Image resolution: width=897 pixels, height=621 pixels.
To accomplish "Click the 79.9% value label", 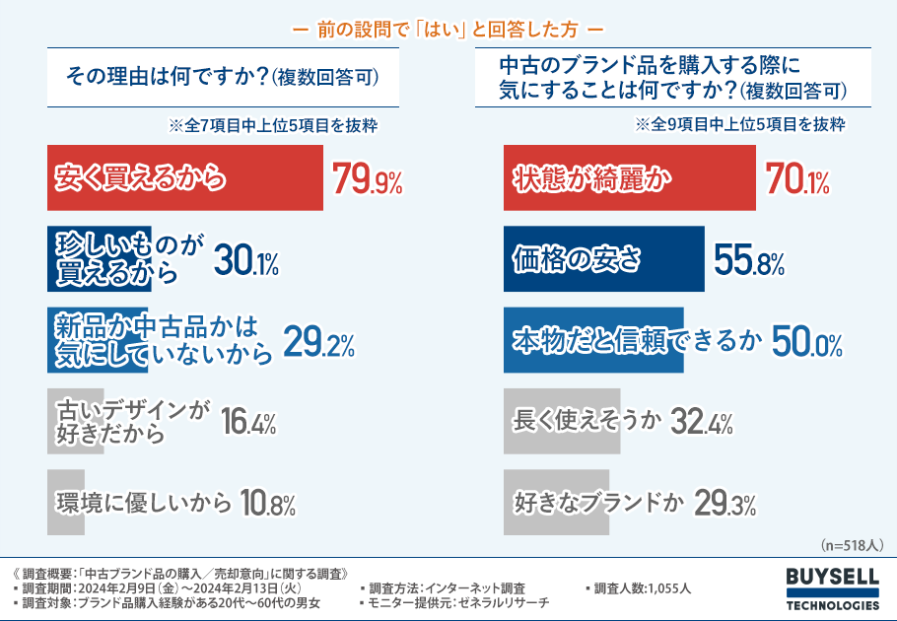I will point(367,178).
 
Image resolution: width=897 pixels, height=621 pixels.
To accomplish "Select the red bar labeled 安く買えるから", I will point(184,177).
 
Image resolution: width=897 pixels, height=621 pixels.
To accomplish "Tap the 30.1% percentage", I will point(246,260).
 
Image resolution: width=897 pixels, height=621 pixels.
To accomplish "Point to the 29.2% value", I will point(318,342).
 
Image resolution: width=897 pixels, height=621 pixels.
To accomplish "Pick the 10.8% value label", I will point(267,504).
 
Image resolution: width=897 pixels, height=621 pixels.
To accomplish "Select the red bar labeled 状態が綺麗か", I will point(629,177).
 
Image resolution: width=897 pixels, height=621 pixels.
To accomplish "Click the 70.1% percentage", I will point(796,178).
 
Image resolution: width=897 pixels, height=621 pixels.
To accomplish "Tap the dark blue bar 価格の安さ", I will point(603,259).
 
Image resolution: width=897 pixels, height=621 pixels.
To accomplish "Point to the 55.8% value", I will point(748,260).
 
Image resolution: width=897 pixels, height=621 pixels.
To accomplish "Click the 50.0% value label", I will point(806,341).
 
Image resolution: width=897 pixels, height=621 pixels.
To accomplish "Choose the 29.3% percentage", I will point(725,504).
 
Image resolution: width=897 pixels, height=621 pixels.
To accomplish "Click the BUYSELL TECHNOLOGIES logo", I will point(833,588).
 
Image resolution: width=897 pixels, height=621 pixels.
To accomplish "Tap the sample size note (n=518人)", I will point(853,544).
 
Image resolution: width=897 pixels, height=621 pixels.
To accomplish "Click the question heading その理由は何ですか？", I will point(223,76).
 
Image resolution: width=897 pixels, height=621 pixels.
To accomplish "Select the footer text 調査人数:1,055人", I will point(642,587).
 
